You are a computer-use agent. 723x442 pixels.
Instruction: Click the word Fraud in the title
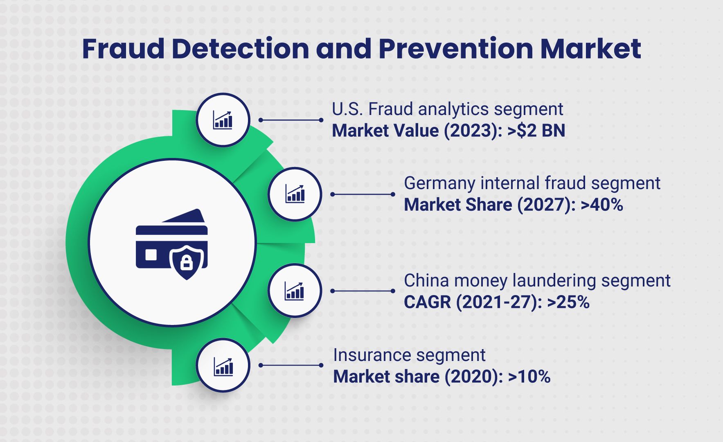click(x=123, y=49)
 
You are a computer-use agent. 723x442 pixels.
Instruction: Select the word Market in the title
click(x=590, y=49)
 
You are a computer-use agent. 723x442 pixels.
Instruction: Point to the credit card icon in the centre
click(x=172, y=244)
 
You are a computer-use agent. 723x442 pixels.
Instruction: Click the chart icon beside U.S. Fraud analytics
click(x=223, y=120)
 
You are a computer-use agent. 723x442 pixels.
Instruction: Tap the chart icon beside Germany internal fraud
click(x=295, y=194)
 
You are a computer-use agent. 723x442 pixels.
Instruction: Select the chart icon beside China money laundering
click(x=294, y=291)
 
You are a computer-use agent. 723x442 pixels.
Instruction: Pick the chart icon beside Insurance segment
click(x=223, y=366)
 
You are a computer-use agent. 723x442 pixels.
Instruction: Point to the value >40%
click(x=601, y=205)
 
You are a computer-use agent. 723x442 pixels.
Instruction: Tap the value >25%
click(x=568, y=302)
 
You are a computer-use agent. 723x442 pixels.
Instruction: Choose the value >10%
click(x=529, y=377)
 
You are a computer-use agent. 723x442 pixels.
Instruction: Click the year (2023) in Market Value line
click(x=473, y=131)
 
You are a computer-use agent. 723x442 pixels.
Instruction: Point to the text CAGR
click(x=428, y=302)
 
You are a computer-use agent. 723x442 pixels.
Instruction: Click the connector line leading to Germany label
click(x=363, y=194)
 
